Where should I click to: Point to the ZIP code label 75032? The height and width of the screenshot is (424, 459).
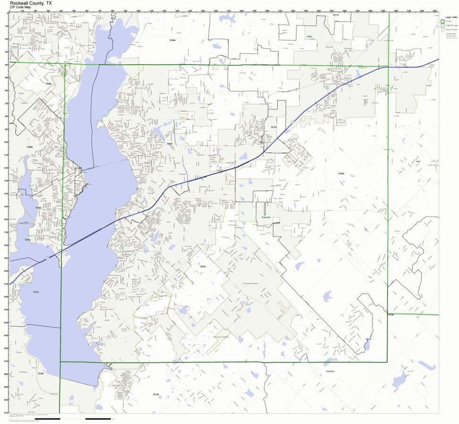[x=203, y=267]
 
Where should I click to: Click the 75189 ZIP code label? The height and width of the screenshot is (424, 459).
[x=341, y=174]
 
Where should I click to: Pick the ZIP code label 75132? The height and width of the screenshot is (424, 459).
[x=273, y=127]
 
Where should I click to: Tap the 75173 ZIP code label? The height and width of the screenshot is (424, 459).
[x=336, y=16]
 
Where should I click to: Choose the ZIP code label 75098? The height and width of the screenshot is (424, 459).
[x=48, y=84]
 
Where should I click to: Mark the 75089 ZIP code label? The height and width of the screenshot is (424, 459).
[x=30, y=147]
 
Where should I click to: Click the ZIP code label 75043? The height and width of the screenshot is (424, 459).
[x=36, y=292]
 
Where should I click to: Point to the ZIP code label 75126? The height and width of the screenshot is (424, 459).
[x=156, y=394]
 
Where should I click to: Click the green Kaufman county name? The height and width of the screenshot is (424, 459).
[x=329, y=372]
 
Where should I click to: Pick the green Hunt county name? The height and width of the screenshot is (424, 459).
[x=417, y=161]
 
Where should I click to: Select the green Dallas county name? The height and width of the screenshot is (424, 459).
[x=27, y=240]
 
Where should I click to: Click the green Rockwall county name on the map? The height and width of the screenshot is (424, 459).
[x=265, y=217]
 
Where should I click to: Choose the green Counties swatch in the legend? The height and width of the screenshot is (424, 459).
[x=442, y=21]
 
